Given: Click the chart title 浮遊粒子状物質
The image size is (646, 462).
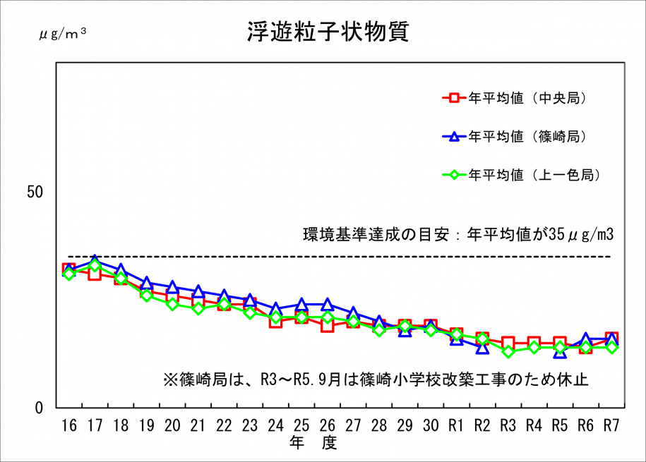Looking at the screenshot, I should click(328, 32).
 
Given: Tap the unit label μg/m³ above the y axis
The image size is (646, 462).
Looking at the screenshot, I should click(62, 32).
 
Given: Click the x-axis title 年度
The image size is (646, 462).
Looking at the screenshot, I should click(313, 443).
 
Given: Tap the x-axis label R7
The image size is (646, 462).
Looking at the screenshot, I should click(611, 425).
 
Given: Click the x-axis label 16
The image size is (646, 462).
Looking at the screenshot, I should click(68, 425).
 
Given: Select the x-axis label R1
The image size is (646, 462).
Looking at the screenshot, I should click(456, 425).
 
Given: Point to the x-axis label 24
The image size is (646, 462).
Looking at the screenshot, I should click(275, 425).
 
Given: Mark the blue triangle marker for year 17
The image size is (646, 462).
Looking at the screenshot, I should click(95, 261).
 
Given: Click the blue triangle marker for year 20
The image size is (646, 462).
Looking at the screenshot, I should click(172, 287).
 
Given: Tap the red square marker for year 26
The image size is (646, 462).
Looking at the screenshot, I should click(327, 325).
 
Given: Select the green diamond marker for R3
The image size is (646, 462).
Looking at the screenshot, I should click(508, 351).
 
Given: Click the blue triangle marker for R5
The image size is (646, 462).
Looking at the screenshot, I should click(560, 351).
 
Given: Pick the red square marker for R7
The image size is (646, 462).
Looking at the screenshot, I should click(611, 339).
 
